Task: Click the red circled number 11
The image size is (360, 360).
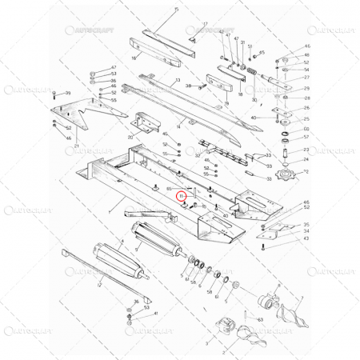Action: coord(182,195)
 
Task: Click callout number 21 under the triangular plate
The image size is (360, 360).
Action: coord(77,146)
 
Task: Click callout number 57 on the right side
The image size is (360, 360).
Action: coord(306,137)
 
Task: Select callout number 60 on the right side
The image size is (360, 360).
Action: coord(306,128)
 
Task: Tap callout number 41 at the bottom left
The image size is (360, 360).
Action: coord(157,314)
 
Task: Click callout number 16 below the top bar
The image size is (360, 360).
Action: coord(134,58)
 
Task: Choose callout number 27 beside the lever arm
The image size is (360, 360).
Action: coord(306,78)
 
